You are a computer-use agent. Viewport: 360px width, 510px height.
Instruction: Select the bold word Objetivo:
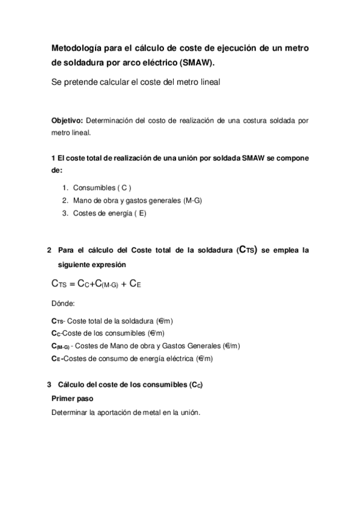(x=69, y=120)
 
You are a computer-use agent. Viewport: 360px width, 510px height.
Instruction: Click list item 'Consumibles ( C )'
(x=102, y=188)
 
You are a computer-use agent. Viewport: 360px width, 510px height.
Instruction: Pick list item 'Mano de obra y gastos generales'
(x=137, y=200)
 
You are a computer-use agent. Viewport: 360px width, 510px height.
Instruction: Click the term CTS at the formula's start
(x=59, y=283)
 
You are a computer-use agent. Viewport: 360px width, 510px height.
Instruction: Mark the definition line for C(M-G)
(x=146, y=346)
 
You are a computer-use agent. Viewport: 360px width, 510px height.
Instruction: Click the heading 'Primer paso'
(x=72, y=398)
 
